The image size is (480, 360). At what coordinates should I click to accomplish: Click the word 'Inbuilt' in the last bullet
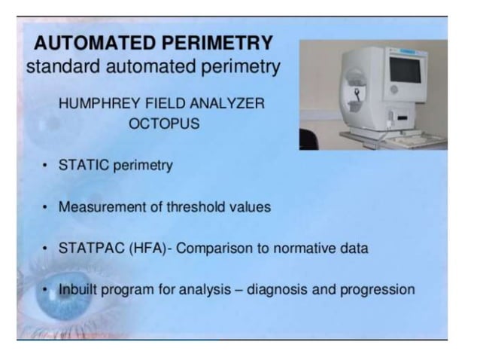[77, 289]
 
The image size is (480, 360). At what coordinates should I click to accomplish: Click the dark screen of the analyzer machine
[403, 69]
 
